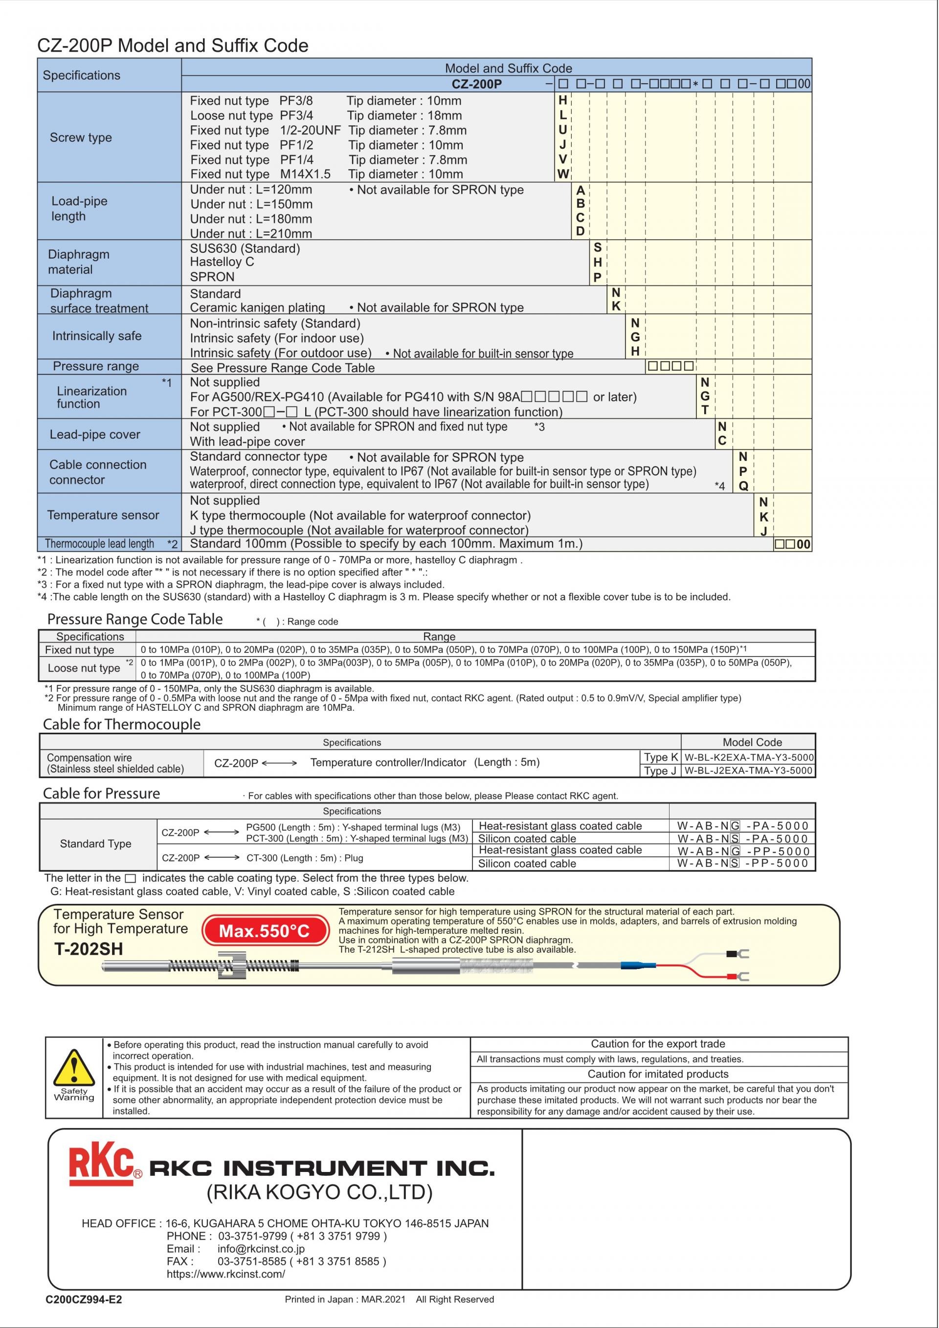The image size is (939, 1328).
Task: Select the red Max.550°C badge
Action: coord(265,931)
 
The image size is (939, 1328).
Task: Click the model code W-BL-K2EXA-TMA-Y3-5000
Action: coord(749,757)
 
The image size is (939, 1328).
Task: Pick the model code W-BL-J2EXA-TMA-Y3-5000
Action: coord(748,770)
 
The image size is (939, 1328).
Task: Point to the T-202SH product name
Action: coord(89,949)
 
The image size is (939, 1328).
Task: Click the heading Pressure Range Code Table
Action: coord(134,619)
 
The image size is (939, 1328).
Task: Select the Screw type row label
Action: coord(81,137)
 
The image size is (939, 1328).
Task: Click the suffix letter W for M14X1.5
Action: coord(562,174)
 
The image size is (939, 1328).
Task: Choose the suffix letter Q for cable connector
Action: coord(743,486)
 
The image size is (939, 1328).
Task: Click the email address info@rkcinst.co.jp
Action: coord(261,1249)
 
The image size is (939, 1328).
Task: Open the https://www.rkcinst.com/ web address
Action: coord(225,1274)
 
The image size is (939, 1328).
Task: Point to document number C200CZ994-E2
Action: coord(84,1300)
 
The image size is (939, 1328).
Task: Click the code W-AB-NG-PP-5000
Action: coord(742,851)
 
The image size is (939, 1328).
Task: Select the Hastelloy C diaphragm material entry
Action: coord(222,262)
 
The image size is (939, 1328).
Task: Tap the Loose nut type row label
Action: coord(84,668)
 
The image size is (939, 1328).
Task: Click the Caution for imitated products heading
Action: coord(658,1074)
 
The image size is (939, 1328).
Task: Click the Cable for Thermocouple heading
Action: coord(121,725)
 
